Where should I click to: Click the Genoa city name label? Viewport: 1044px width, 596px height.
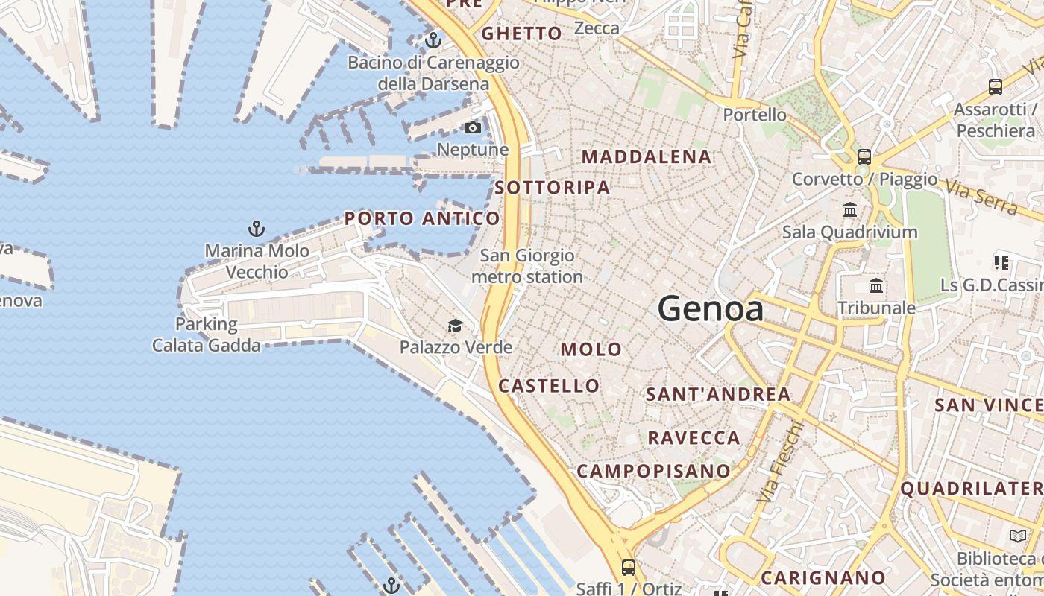[x=711, y=308]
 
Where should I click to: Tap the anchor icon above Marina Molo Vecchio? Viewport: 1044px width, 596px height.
[x=257, y=229]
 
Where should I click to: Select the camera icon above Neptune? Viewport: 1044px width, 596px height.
[x=472, y=128]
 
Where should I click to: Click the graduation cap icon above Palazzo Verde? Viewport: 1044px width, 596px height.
[x=455, y=326]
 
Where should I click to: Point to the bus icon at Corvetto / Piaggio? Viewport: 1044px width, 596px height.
[x=864, y=157]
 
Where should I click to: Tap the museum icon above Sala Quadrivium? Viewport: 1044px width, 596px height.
[x=849, y=210]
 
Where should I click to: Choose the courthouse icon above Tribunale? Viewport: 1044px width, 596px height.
[x=876, y=285]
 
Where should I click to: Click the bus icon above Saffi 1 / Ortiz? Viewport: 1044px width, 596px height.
[x=629, y=567]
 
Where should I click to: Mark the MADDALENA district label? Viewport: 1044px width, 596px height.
[x=647, y=157]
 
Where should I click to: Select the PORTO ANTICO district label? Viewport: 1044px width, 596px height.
[x=422, y=218]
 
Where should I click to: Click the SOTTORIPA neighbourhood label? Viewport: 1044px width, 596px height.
[x=553, y=188]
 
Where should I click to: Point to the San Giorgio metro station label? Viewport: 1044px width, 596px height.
[x=527, y=266]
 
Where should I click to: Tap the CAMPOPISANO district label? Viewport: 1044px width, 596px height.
[x=653, y=471]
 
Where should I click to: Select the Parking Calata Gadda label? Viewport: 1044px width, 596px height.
[x=207, y=335]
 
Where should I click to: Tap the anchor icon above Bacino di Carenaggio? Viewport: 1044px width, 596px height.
[x=433, y=40]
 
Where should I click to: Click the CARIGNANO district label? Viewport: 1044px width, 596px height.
[x=823, y=577]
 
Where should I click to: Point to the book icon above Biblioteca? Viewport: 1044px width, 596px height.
[x=1018, y=536]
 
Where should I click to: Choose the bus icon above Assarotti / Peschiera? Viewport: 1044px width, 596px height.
[x=995, y=87]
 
